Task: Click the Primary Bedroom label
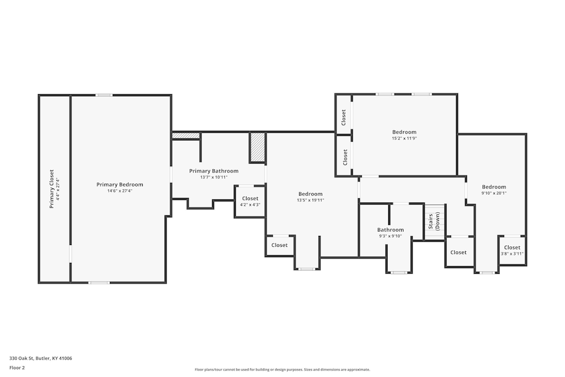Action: point(120,185)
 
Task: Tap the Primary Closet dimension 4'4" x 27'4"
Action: point(58,189)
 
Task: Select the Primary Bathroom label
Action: point(214,171)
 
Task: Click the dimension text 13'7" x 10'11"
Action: point(214,177)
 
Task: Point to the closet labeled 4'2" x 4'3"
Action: point(250,202)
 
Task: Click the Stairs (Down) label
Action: point(434,221)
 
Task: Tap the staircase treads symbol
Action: point(435,221)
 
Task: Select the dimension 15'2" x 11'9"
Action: point(404,138)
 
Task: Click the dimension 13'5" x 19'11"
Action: point(310,200)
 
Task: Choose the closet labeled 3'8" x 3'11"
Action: point(512,251)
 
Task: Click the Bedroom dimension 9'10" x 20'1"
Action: point(494,193)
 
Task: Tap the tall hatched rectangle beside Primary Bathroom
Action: point(258,147)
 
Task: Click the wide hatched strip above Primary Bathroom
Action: point(186,136)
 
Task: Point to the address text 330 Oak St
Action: point(21,358)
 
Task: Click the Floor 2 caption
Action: point(17,368)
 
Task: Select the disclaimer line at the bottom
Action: point(282,369)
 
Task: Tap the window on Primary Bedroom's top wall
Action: point(104,96)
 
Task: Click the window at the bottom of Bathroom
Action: point(399,272)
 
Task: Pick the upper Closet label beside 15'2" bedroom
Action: point(343,117)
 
